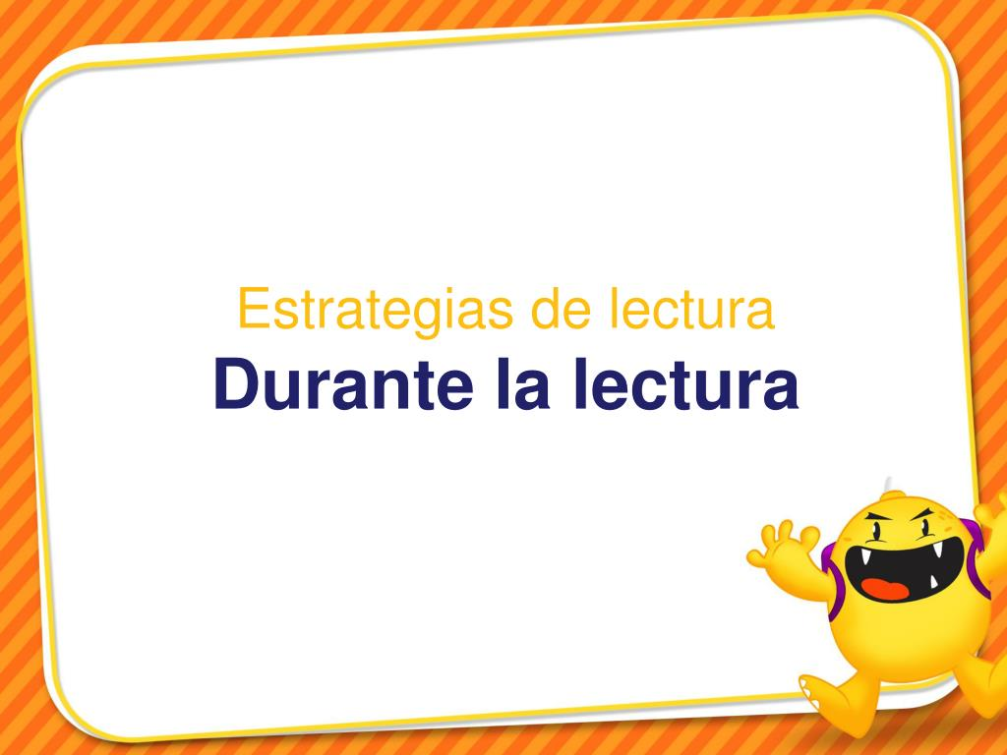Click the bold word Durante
coord(343,383)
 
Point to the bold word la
coord(523,383)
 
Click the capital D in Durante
coord(234,384)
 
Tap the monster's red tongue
coord(884,588)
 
